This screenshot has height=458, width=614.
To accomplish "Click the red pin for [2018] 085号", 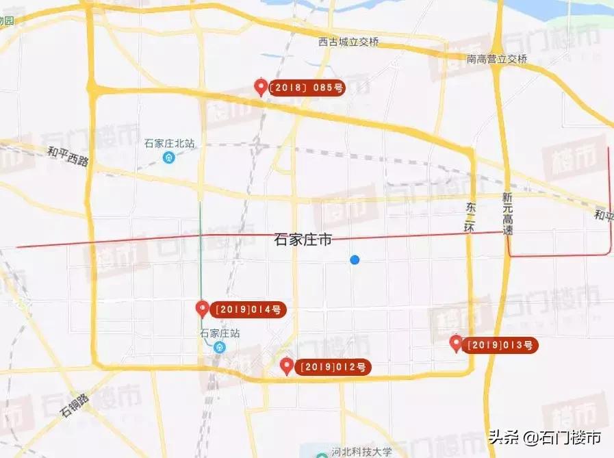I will [260, 87].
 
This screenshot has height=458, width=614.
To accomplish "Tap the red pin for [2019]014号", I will [202, 309].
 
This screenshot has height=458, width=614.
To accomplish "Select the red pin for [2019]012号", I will [287, 366].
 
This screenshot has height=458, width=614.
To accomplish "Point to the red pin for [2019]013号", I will [456, 343].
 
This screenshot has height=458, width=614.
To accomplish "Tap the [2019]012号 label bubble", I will [334, 367].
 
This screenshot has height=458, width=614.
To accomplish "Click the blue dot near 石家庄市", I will [354, 259].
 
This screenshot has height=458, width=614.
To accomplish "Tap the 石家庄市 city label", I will [303, 240].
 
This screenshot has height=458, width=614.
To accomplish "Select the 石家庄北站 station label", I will [170, 144].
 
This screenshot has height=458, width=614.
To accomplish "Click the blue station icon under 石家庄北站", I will [169, 157].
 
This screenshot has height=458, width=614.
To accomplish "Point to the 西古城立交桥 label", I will [348, 42].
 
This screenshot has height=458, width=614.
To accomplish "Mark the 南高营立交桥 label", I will [497, 59].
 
